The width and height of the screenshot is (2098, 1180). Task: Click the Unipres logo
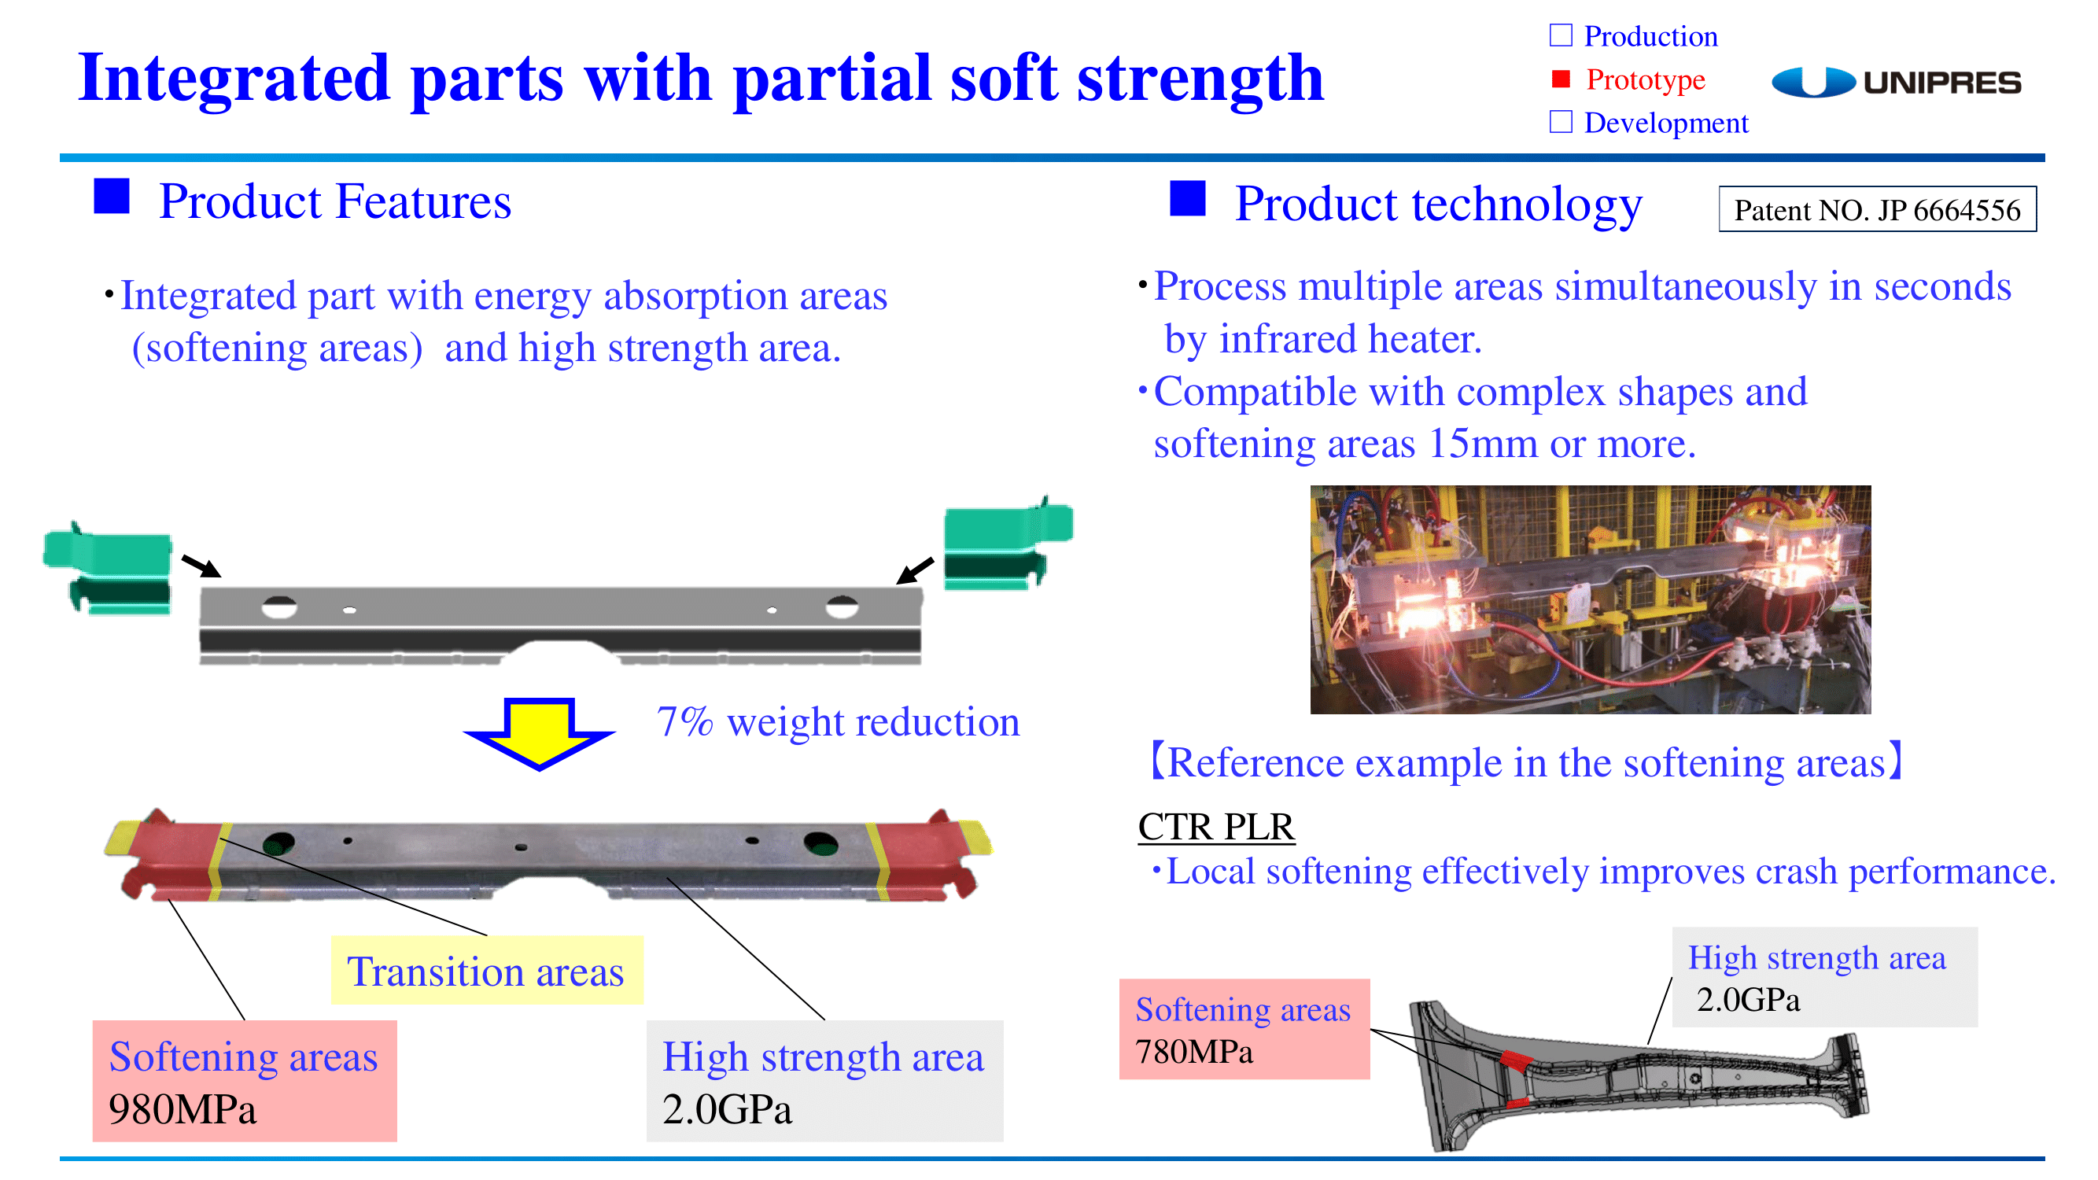coord(1895,83)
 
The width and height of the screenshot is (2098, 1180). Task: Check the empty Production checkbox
coord(1561,35)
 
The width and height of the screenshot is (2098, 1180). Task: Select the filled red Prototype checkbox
coord(1561,79)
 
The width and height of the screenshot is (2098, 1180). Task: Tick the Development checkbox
coord(1561,122)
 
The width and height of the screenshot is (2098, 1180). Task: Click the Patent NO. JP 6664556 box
coord(1876,209)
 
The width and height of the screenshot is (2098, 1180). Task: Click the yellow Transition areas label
coord(486,970)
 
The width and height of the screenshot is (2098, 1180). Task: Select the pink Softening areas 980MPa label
coord(245,1081)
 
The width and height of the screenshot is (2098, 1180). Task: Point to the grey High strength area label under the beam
coord(824,1081)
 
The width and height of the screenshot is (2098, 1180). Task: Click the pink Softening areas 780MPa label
coord(1244,1029)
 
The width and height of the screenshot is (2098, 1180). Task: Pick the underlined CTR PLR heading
coord(1215,826)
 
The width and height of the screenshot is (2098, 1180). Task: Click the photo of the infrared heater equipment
coord(1590,599)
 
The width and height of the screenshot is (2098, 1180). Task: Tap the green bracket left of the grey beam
coord(108,569)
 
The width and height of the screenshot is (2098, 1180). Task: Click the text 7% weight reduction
coord(838,721)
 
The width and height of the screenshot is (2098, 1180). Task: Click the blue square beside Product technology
coord(1188,199)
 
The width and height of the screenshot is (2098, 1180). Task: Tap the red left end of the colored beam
coord(167,855)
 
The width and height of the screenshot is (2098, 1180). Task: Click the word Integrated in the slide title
coord(234,78)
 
